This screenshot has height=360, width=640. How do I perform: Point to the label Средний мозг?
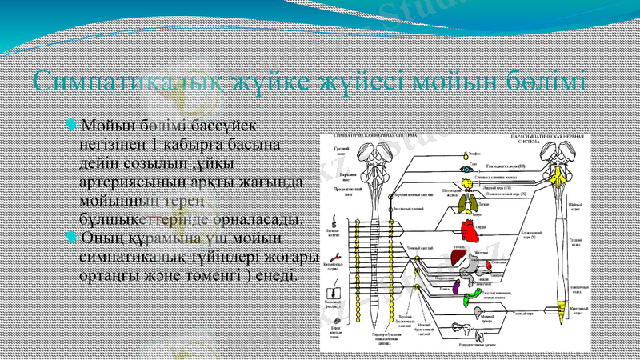click(x=341, y=150)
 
